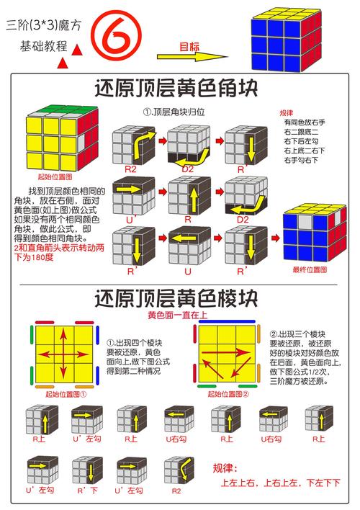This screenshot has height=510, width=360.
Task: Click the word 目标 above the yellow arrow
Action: coord(189,46)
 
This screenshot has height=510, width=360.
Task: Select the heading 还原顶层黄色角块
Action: coord(179,89)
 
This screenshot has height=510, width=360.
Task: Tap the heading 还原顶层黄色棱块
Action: coord(179,297)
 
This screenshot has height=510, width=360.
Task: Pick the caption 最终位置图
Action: coord(310,271)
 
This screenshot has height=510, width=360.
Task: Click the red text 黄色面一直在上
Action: coord(179,314)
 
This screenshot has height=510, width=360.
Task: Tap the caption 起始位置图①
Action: coord(66,394)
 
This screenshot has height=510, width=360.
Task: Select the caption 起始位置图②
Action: coord(228,394)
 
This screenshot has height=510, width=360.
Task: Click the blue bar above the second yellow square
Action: coord(228,322)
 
